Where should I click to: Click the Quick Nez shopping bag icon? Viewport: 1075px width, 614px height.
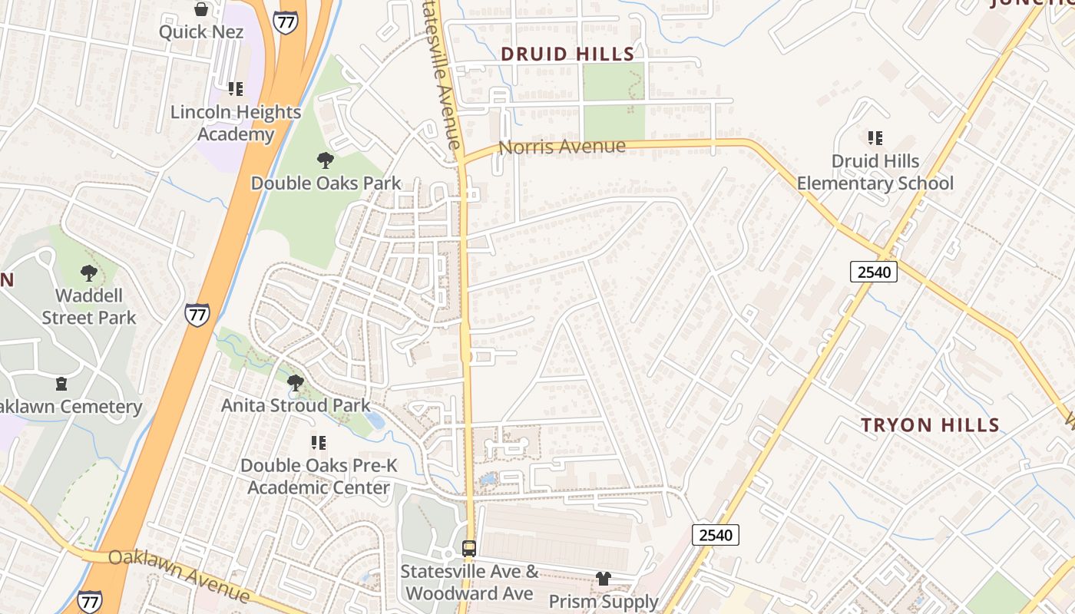[x=201, y=9]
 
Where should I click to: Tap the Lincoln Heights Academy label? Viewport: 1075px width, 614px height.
[x=236, y=123]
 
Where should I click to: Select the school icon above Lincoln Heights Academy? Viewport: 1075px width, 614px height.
[x=236, y=89]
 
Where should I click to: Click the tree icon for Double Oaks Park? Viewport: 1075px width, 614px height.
[x=326, y=160]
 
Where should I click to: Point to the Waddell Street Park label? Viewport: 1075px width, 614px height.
[x=89, y=306]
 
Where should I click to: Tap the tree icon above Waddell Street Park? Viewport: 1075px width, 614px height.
[x=89, y=272]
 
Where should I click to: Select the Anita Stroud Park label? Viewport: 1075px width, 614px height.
[x=296, y=405]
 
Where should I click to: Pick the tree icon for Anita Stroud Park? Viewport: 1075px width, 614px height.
[x=295, y=382]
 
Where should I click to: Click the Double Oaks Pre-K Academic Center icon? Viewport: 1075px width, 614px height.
[x=318, y=443]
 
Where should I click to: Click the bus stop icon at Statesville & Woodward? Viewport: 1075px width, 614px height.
[x=469, y=549]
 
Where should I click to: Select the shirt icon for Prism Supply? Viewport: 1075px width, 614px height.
[x=604, y=579]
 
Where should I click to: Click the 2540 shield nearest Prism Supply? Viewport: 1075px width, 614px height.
[x=716, y=535]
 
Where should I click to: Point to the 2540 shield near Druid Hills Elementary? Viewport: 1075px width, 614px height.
[x=874, y=272]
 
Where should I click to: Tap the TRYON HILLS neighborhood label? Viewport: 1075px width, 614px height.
[x=930, y=425]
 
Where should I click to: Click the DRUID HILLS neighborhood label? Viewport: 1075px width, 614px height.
[x=567, y=54]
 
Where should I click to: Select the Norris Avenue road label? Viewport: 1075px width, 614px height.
[x=562, y=147]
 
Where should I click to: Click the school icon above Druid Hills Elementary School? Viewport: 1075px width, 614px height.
[x=875, y=138]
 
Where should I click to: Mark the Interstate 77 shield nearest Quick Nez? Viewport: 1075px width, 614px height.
[x=286, y=21]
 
